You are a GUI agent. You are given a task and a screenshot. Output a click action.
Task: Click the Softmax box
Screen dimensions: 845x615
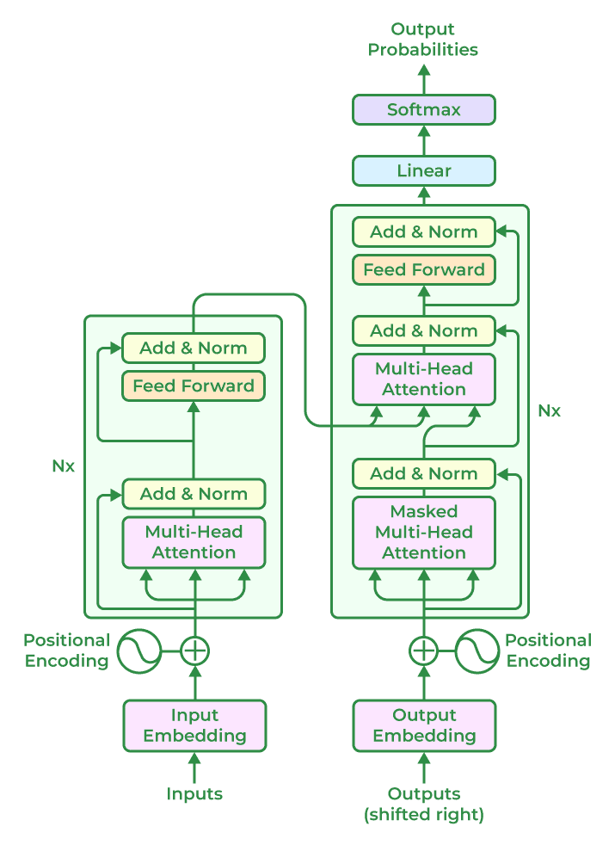click(x=424, y=110)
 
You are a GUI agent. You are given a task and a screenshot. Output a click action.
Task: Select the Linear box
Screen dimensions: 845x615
click(x=424, y=170)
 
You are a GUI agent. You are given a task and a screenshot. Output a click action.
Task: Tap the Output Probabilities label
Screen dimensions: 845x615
click(x=423, y=40)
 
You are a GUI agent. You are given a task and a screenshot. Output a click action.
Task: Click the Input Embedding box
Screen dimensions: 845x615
click(x=194, y=725)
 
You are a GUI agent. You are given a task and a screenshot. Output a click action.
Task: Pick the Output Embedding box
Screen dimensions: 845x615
click(x=424, y=725)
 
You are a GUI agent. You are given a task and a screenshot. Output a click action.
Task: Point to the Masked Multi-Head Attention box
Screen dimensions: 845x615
click(x=424, y=532)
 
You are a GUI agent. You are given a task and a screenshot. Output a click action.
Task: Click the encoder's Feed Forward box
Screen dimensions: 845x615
click(x=194, y=385)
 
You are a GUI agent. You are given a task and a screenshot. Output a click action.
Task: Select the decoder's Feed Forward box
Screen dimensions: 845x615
click(x=424, y=269)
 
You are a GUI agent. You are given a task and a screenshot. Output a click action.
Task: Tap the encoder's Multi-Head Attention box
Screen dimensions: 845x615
click(x=194, y=542)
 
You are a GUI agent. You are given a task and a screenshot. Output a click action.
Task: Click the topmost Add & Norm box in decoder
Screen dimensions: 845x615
click(x=424, y=231)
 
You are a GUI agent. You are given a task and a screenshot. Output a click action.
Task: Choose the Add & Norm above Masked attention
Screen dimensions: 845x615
click(x=424, y=473)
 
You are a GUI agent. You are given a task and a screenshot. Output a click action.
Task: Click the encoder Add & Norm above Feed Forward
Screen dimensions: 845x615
click(x=194, y=348)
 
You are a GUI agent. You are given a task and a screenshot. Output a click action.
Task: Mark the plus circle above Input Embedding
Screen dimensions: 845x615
click(x=195, y=651)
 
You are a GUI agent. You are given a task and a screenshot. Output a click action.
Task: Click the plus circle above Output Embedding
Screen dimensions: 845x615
click(x=423, y=651)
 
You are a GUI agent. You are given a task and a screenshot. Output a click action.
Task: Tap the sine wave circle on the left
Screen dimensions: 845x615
click(x=139, y=651)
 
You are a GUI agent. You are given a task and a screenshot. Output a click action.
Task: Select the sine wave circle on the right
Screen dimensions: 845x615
click(x=477, y=651)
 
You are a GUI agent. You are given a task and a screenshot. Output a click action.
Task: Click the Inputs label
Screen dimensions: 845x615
click(x=194, y=794)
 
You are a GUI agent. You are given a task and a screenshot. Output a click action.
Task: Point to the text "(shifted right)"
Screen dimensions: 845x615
click(x=424, y=814)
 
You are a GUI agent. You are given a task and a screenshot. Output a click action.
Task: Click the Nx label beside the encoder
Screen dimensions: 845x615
click(x=63, y=466)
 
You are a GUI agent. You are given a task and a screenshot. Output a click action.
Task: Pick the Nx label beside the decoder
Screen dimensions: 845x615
click(x=549, y=410)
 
